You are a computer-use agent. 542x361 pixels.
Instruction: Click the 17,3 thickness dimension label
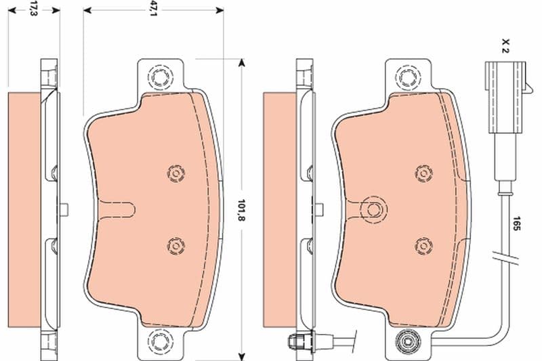33,9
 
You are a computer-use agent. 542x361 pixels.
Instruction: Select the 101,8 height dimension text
242,211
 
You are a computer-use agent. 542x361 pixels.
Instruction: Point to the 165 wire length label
516,224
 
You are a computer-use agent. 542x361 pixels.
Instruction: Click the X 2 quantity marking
505,46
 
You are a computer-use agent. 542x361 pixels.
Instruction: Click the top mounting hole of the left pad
160,77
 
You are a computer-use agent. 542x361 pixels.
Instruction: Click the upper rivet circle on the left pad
176,173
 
